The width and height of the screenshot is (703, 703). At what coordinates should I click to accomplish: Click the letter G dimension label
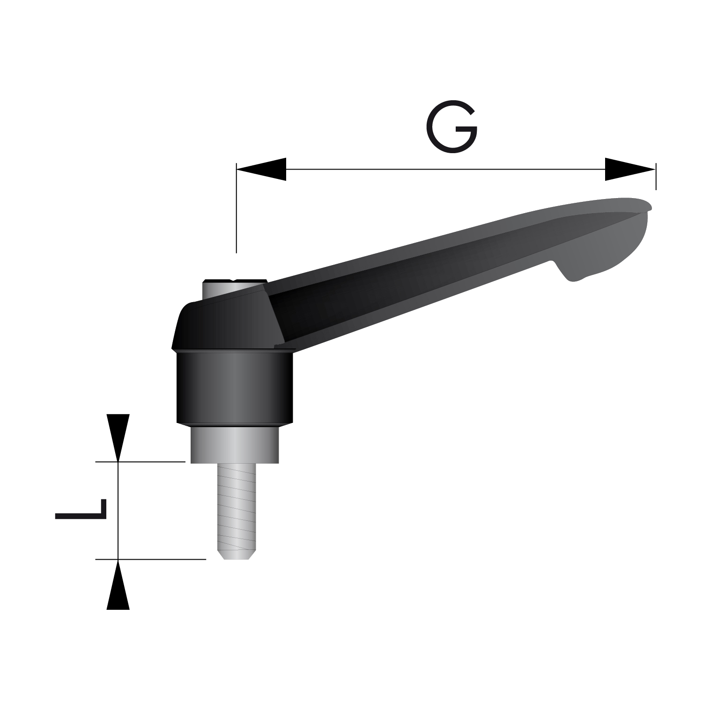451,126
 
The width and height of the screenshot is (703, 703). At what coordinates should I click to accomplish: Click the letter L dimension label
81,510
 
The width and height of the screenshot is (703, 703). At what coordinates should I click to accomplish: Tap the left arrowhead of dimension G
261,169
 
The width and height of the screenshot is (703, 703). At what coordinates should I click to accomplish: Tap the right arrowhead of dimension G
630,169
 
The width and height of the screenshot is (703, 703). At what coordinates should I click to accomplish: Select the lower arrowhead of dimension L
118,584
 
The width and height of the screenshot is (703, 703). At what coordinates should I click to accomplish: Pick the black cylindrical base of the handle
235,389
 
